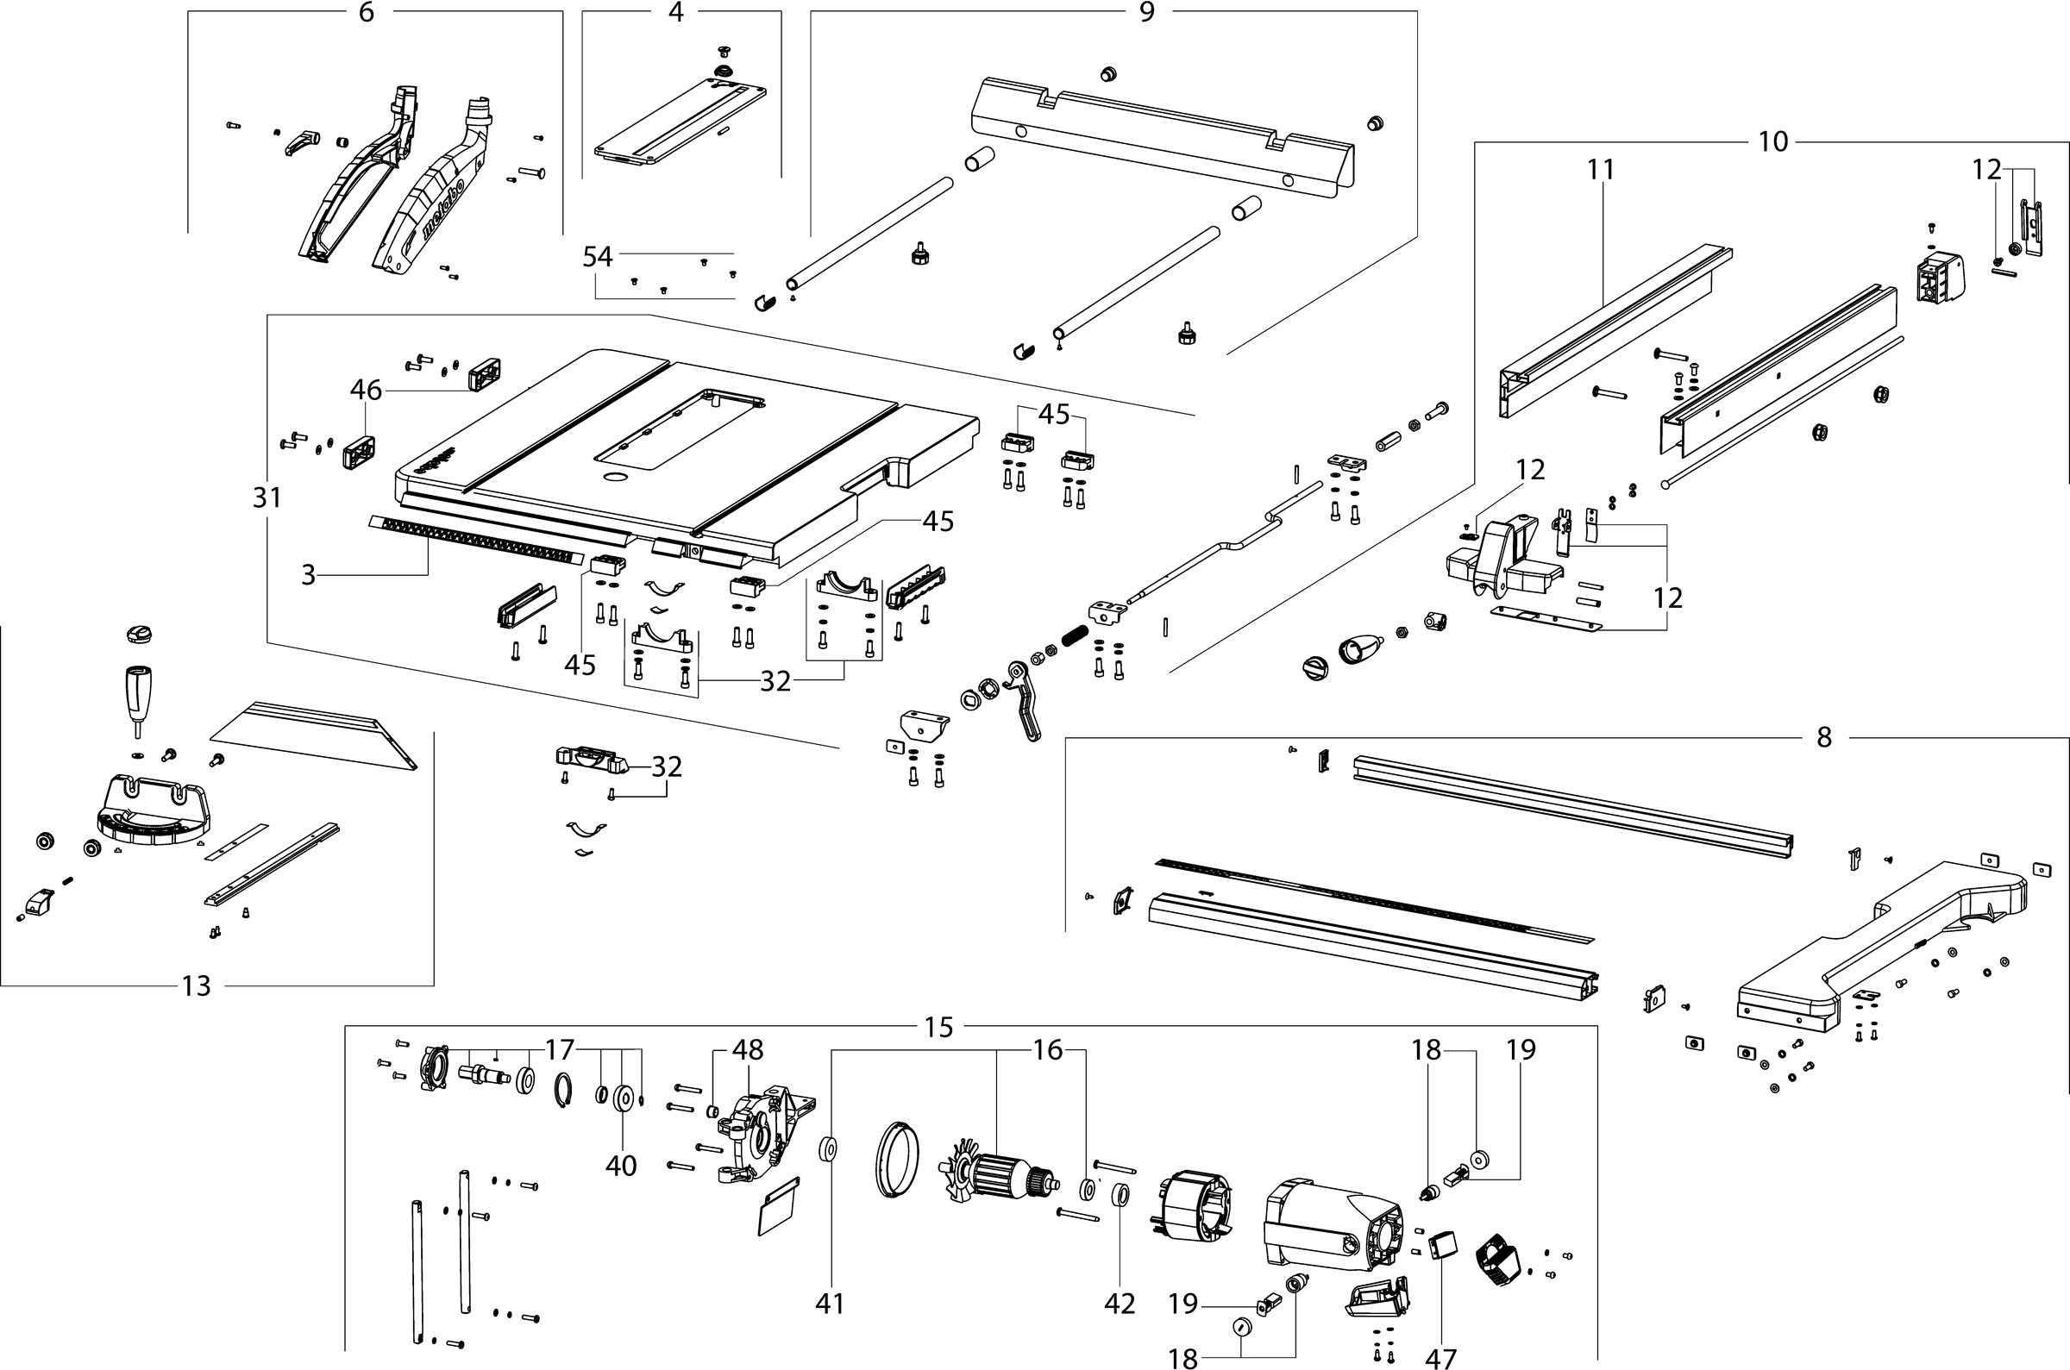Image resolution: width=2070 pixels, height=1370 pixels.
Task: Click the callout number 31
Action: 267,498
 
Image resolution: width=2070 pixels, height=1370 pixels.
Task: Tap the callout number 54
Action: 599,257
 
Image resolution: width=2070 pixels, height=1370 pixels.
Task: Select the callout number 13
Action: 196,985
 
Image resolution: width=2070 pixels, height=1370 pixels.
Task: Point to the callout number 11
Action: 1600,170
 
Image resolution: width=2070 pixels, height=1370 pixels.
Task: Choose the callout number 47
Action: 1441,1358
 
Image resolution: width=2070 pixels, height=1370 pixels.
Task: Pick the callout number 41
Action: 830,1304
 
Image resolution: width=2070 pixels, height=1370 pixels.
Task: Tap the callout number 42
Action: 1120,1304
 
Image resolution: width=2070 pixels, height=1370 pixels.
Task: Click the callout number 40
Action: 621,1166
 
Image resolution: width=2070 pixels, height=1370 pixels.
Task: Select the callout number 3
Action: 308,575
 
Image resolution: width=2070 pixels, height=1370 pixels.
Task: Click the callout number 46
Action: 366,390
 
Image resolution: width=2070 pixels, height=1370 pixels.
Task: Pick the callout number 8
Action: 1824,737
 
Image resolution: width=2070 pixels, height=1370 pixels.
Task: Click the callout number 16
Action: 1048,1049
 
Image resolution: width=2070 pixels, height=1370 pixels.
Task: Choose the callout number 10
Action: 1773,141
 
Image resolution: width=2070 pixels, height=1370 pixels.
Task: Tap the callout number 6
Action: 367,12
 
